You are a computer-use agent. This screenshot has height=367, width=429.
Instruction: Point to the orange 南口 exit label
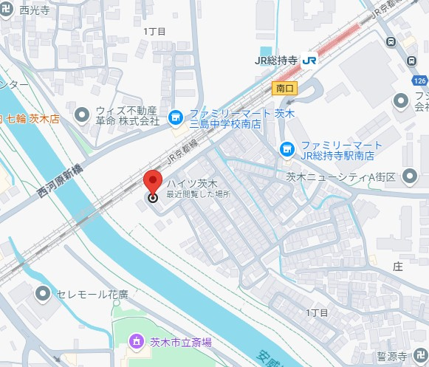click(x=284, y=88)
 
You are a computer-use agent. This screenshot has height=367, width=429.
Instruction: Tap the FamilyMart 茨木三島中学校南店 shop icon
click(x=175, y=117)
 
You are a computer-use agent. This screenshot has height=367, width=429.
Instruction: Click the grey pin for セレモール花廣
click(x=44, y=295)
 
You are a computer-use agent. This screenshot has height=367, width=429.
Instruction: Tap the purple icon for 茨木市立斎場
click(x=136, y=341)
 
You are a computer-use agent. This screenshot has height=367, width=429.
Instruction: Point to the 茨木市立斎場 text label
click(x=181, y=342)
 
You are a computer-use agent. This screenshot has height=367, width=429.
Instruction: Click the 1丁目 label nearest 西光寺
click(x=154, y=31)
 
